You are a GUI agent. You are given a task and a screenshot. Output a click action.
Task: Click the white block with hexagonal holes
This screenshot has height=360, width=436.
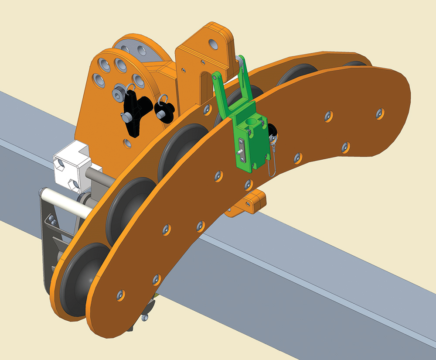pyautogui.click(x=72, y=164)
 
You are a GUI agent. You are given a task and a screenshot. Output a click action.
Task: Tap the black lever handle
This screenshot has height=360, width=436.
pyautogui.click(x=133, y=115)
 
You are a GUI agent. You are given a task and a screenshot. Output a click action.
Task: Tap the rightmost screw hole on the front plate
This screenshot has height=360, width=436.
pyautogui.click(x=381, y=113)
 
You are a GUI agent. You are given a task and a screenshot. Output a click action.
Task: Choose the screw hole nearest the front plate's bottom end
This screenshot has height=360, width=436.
pyautogui.click(x=120, y=295)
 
